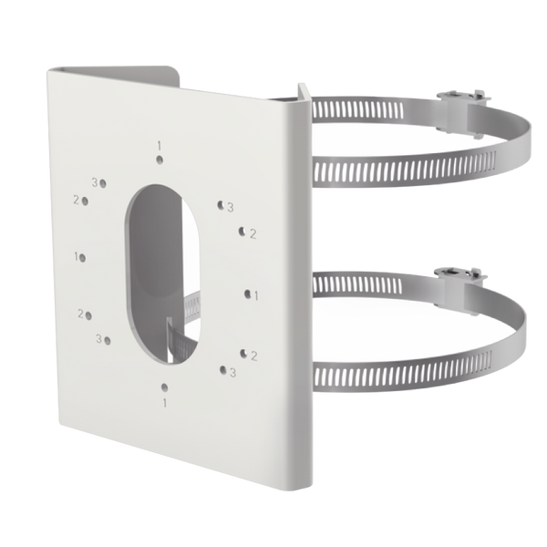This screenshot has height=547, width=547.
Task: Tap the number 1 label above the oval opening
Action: click(159, 145)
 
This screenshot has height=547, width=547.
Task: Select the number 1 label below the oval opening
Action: click(164, 400)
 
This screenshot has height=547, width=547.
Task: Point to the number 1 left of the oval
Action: click(77, 257)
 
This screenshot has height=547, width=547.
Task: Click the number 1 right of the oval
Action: click(257, 294)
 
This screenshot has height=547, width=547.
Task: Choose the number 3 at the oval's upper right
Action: click(231, 207)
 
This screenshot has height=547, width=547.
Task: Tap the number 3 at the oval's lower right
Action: click(232, 372)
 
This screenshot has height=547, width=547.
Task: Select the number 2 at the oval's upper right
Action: click(253, 233)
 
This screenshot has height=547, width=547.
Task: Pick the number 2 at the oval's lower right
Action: click(253, 355)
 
